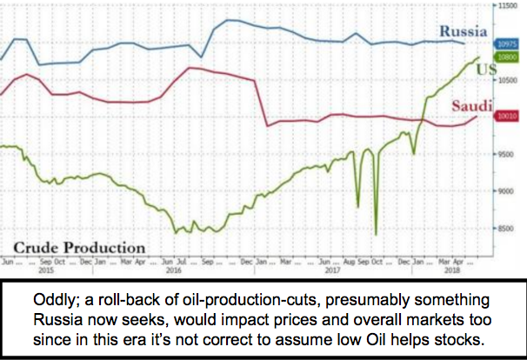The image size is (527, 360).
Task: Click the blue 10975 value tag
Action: click(x=508, y=43)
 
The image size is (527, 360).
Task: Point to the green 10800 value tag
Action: click(x=508, y=55)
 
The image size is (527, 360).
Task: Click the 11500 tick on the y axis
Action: click(x=509, y=5)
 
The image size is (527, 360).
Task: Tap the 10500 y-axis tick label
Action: click(x=509, y=79)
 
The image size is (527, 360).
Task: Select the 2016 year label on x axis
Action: click(x=172, y=270)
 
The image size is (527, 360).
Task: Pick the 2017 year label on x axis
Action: click(x=330, y=270)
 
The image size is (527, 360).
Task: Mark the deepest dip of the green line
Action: click(x=376, y=233)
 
